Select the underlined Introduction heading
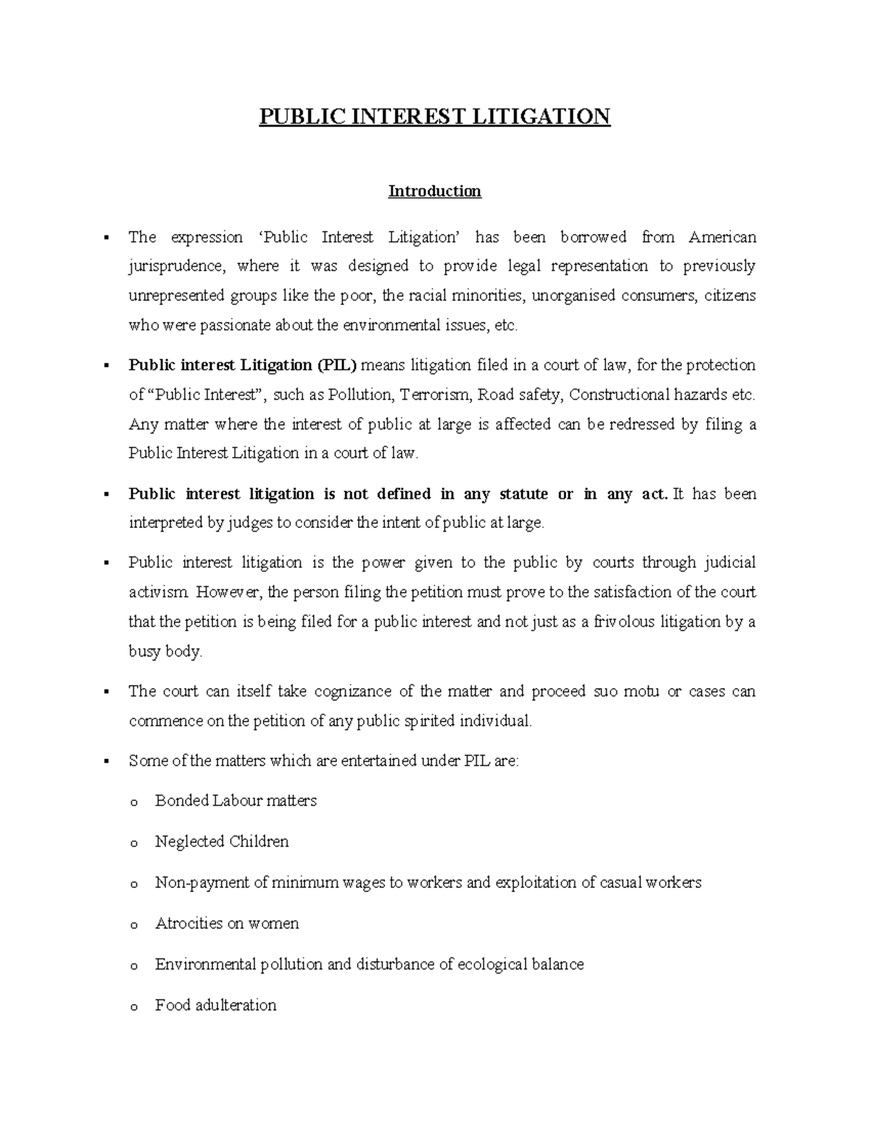pyautogui.click(x=434, y=191)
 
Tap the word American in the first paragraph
pyautogui.click(x=722, y=237)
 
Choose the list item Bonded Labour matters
pyautogui.click(x=236, y=800)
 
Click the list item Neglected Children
pyautogui.click(x=222, y=841)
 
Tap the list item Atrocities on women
pyautogui.click(x=227, y=924)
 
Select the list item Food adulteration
pyautogui.click(x=215, y=1005)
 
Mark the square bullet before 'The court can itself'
pyautogui.click(x=106, y=691)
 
